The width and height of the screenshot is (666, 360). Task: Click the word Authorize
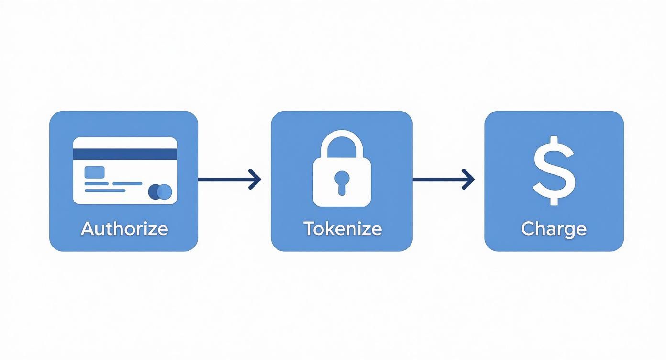(x=124, y=228)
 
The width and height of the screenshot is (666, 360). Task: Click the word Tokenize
(x=342, y=228)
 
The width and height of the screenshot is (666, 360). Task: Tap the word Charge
(x=554, y=229)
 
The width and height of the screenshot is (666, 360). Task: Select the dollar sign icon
(x=554, y=170)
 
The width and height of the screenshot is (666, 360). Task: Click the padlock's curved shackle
(x=342, y=143)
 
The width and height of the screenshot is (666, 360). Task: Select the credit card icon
(x=125, y=171)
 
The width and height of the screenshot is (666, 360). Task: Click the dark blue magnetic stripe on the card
(x=125, y=154)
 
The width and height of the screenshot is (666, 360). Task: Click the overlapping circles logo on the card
(x=160, y=191)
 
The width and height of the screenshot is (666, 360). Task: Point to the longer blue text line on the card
(x=113, y=183)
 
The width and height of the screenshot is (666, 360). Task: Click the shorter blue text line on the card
(x=105, y=191)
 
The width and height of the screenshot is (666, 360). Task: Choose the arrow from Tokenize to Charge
(x=443, y=180)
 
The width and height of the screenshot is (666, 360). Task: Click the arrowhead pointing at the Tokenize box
(x=255, y=180)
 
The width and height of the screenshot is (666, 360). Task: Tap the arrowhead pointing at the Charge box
(x=469, y=180)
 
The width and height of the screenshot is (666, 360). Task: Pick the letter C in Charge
(x=527, y=228)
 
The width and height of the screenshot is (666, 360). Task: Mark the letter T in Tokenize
(x=309, y=228)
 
